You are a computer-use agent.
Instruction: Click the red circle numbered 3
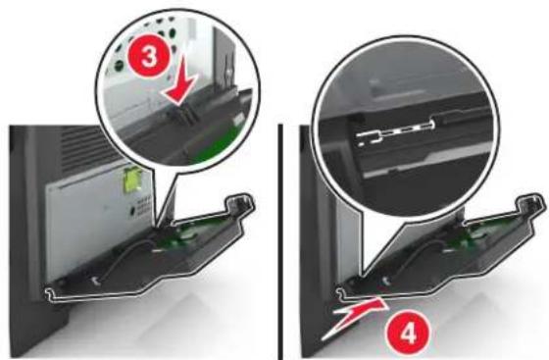pos(149,57)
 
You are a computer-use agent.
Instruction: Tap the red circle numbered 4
pos(407,334)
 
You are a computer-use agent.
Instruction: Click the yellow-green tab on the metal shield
pos(133,180)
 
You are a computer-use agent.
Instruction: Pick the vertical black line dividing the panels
pos(280,241)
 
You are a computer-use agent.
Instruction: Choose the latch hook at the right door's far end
pos(531,206)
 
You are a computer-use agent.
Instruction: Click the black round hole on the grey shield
pos(133,211)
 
